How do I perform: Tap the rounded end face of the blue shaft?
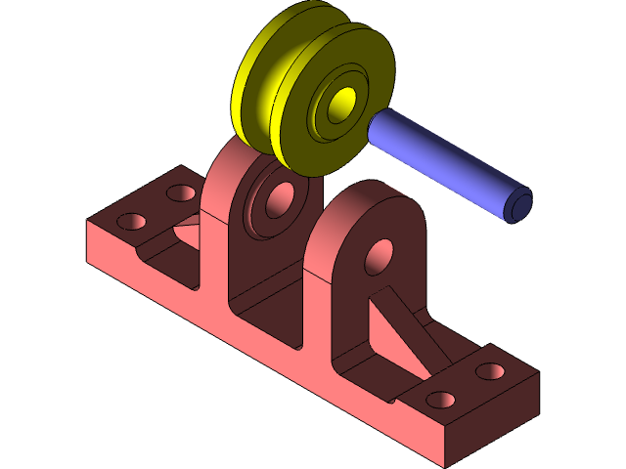click(517, 203)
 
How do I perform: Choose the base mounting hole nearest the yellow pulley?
click(180, 192)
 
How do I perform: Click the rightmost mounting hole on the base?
click(491, 372)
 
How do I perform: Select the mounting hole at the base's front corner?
click(441, 400)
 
